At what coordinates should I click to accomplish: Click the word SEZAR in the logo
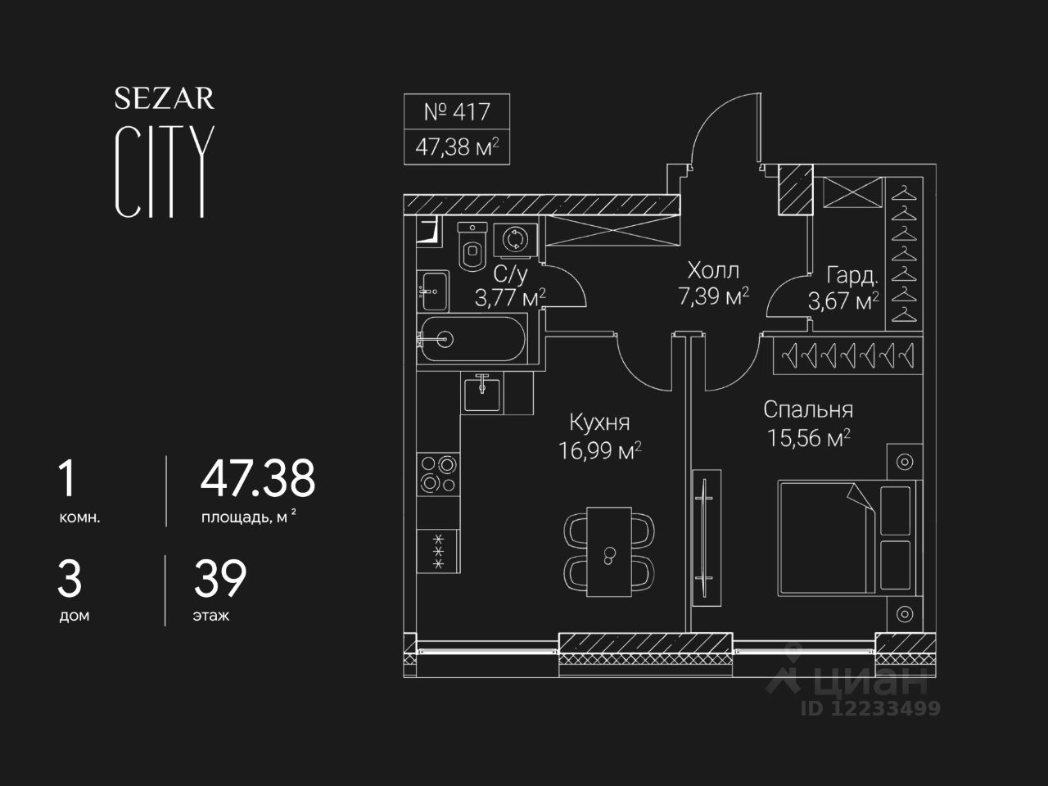(x=164, y=99)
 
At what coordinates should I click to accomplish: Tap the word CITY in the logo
(x=164, y=172)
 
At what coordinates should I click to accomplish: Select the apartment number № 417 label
(x=456, y=111)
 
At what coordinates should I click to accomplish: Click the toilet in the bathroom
(x=472, y=246)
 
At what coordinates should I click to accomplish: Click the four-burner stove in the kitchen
(x=438, y=474)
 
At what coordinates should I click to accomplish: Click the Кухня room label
(x=599, y=422)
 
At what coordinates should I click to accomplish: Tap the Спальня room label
(x=808, y=409)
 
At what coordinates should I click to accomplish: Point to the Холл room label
(x=713, y=270)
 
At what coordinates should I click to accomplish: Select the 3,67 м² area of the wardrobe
(x=843, y=301)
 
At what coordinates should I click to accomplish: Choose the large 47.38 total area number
(x=258, y=479)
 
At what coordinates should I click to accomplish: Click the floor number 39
(x=219, y=579)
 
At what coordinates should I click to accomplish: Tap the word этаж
(x=211, y=616)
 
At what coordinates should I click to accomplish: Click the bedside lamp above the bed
(x=905, y=462)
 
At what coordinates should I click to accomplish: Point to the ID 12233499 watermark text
(x=870, y=708)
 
